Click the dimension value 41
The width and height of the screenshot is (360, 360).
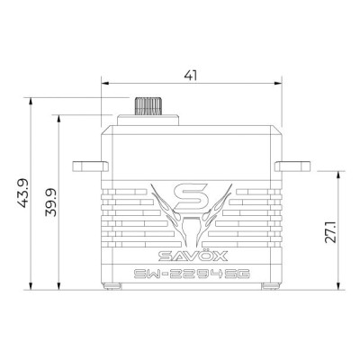point(190,76)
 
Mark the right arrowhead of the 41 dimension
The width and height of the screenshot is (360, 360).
point(274,87)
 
